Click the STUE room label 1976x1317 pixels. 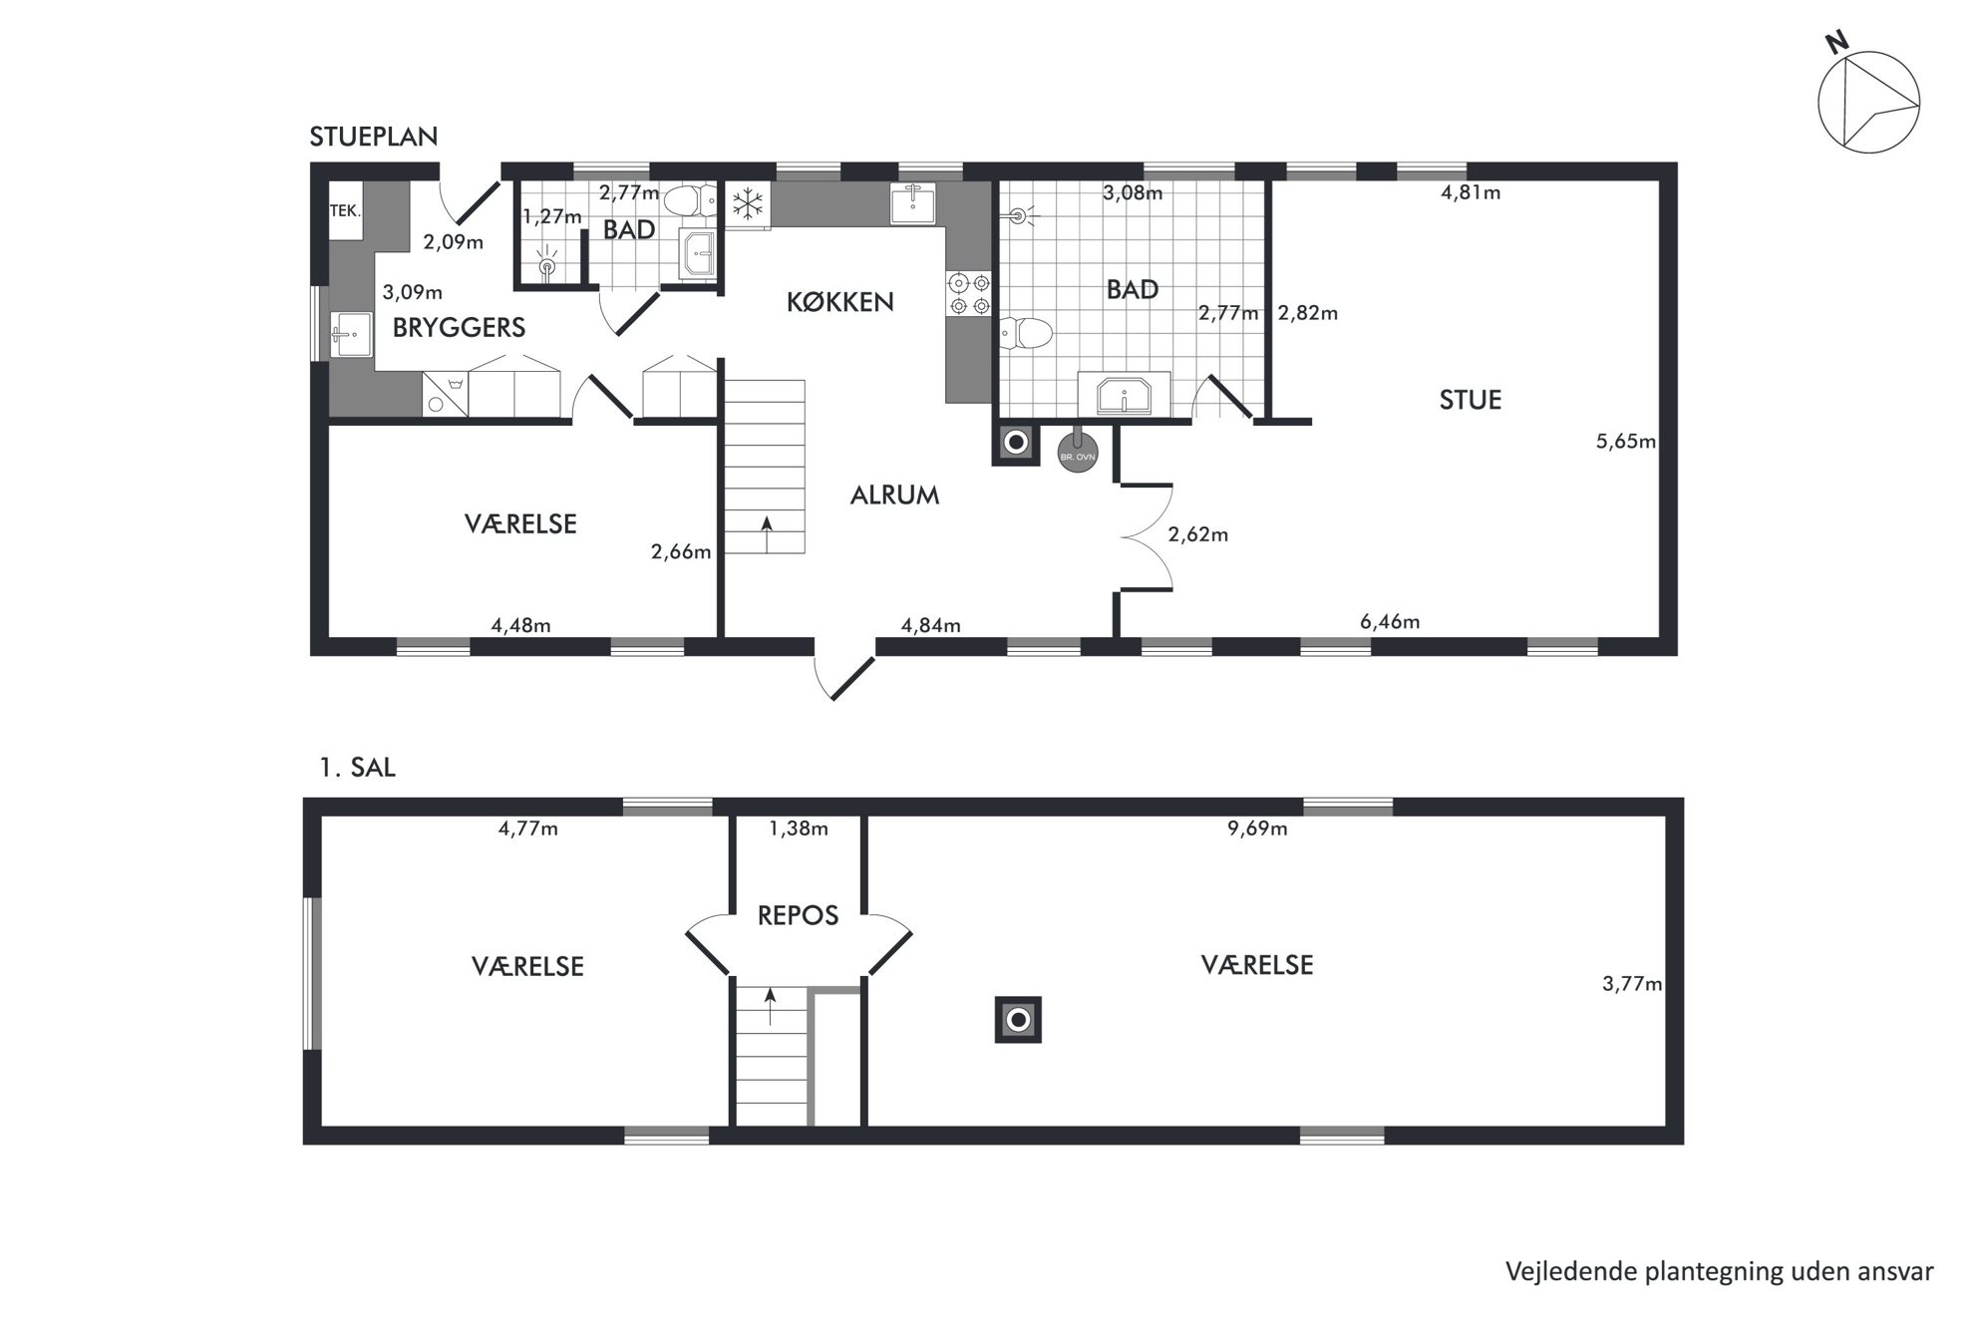coord(1470,400)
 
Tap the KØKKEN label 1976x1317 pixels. coord(839,302)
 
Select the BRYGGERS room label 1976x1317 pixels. coord(459,327)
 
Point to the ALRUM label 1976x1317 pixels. coord(894,494)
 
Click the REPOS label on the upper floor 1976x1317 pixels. coord(798,915)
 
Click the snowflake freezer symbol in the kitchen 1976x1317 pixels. coord(748,205)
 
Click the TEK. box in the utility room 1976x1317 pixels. coord(345,210)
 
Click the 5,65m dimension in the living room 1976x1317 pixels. coord(1625,442)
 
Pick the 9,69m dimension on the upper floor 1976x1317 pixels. coord(1257,828)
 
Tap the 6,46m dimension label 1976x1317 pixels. coord(1390,622)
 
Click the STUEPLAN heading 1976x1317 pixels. coord(374,137)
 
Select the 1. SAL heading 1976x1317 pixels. coord(357,768)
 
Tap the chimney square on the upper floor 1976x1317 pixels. coord(1018,1020)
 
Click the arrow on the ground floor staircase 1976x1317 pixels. coord(766,533)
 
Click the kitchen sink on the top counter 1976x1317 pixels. coord(912,204)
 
